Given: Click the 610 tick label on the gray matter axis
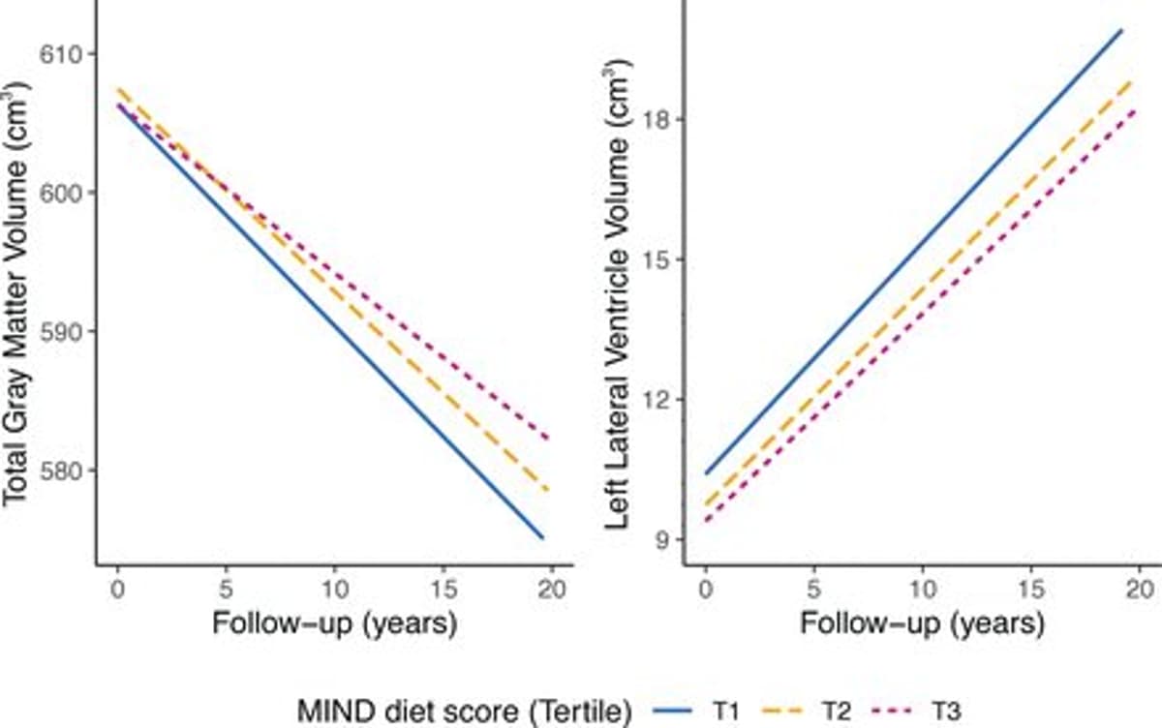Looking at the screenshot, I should coord(61,53).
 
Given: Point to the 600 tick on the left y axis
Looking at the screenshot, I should coord(61,193).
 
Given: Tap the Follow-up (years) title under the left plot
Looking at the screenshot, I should coord(333,624).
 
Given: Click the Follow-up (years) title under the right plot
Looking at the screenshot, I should coord(921,624).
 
